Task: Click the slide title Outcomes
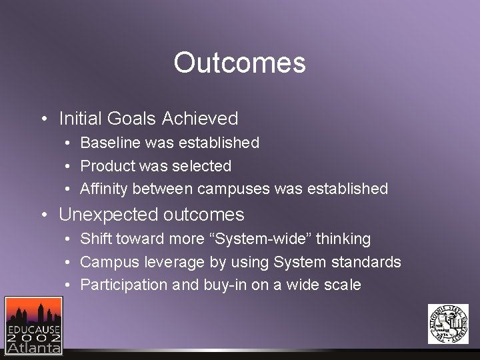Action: tap(239, 63)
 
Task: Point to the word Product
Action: tap(107, 166)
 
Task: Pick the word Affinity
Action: tap(104, 189)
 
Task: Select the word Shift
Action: tap(96, 239)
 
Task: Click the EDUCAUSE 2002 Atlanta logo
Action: tap(33, 325)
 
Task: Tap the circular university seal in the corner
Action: tap(448, 324)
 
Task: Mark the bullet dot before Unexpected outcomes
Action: tap(43, 215)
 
